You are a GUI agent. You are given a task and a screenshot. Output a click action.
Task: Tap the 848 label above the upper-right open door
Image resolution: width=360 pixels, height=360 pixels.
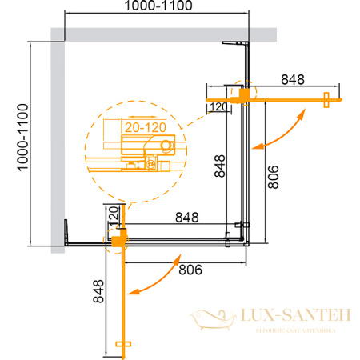click(x=294, y=79)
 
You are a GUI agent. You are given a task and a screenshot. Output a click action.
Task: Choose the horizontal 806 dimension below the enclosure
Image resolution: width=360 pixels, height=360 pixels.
click(x=189, y=270)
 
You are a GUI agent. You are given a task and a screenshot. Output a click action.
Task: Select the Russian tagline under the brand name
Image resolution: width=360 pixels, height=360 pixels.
click(x=297, y=330)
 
